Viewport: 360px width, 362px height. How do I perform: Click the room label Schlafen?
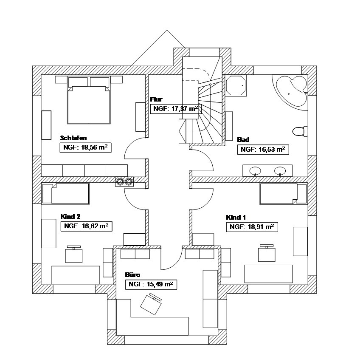click(x=73, y=138)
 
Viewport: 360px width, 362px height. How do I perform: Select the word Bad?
click(x=243, y=139)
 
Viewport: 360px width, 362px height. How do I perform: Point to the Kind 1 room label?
click(x=236, y=217)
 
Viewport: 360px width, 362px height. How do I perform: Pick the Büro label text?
click(x=132, y=274)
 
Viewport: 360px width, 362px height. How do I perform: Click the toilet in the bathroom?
click(x=300, y=131)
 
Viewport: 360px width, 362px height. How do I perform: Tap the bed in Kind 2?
click(x=67, y=194)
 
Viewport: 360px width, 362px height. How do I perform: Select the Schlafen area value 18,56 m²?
click(x=84, y=147)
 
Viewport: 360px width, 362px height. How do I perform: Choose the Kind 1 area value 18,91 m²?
click(x=252, y=227)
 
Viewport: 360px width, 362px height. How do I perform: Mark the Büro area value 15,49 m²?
click(x=151, y=284)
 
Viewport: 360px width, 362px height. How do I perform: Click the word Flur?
click(x=156, y=99)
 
